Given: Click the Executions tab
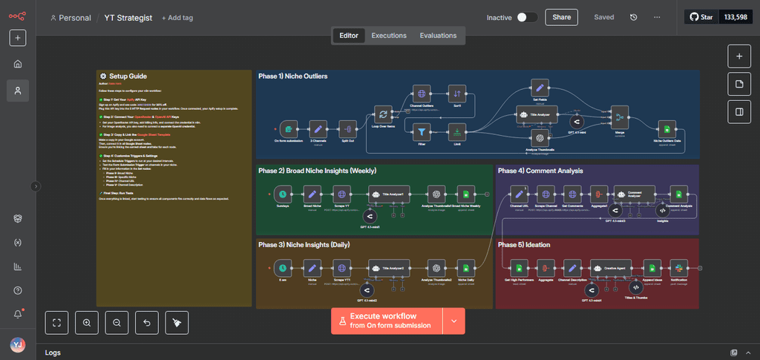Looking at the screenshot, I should click(389, 35).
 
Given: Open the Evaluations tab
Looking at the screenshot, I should click(438, 35).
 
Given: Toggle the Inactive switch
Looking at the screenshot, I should click(527, 17).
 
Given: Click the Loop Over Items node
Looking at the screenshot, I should click(383, 114).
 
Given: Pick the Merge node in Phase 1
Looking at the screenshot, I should click(618, 117).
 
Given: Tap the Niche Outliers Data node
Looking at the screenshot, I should click(666, 128).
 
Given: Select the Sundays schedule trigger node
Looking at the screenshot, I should click(283, 194).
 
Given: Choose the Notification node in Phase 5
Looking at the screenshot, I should click(677, 268).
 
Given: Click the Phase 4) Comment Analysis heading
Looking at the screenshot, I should click(540, 171).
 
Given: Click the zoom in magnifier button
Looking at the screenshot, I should click(87, 322).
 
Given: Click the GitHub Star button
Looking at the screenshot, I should click(701, 17).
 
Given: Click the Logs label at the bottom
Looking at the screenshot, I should click(53, 353).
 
